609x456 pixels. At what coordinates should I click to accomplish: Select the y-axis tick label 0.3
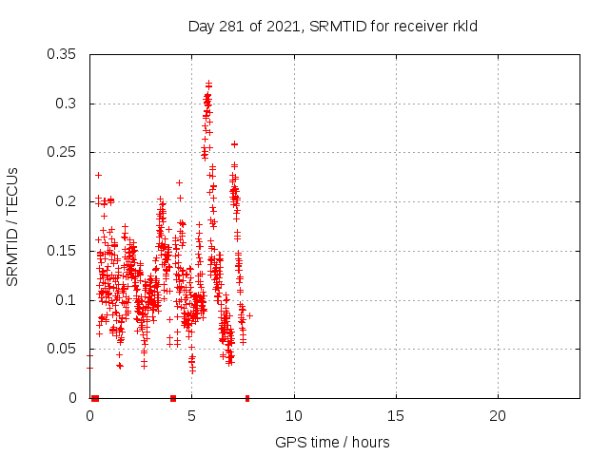tap(69, 104)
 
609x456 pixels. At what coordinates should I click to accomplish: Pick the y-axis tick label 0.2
tap(69, 201)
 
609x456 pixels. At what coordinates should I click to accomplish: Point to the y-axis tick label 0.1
tap(69, 300)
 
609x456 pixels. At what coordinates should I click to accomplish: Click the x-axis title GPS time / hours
tap(332, 442)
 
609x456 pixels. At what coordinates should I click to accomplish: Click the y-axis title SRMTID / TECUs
tap(13, 226)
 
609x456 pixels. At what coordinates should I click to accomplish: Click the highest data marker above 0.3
tap(207, 83)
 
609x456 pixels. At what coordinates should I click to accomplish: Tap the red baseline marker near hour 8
tap(247, 398)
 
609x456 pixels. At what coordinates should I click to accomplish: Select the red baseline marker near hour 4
tap(173, 398)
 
